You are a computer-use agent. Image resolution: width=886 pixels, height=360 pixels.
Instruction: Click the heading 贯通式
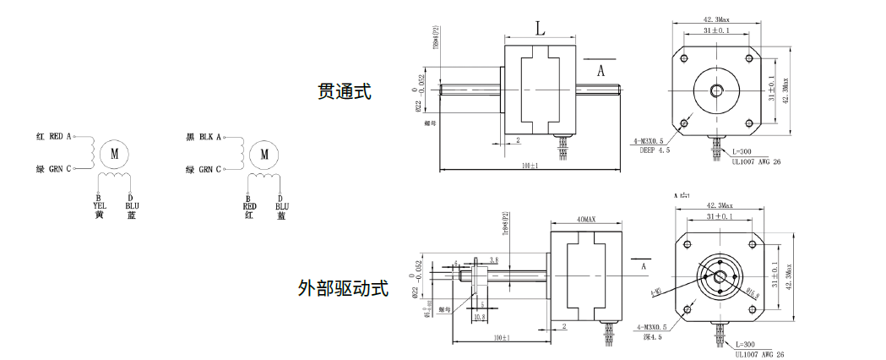[x=345, y=91]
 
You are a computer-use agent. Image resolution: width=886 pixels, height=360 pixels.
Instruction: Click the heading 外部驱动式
[x=343, y=288]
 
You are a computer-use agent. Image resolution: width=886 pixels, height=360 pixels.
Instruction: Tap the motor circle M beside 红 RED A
[x=114, y=153]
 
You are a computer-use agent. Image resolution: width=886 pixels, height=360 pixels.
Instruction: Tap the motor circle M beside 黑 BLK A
[x=264, y=154]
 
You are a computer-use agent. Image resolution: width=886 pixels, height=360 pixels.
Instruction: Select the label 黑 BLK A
[x=203, y=136]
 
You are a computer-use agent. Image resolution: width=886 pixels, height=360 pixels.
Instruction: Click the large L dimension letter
[x=540, y=29]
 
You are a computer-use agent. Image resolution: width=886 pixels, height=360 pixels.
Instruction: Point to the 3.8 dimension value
[x=493, y=260]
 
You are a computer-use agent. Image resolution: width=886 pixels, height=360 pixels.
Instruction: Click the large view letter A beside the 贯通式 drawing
[x=601, y=72]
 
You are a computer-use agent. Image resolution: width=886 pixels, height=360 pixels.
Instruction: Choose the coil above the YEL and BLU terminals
[x=114, y=179]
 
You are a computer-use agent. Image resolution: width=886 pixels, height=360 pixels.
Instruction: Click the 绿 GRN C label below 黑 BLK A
[x=203, y=169]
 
